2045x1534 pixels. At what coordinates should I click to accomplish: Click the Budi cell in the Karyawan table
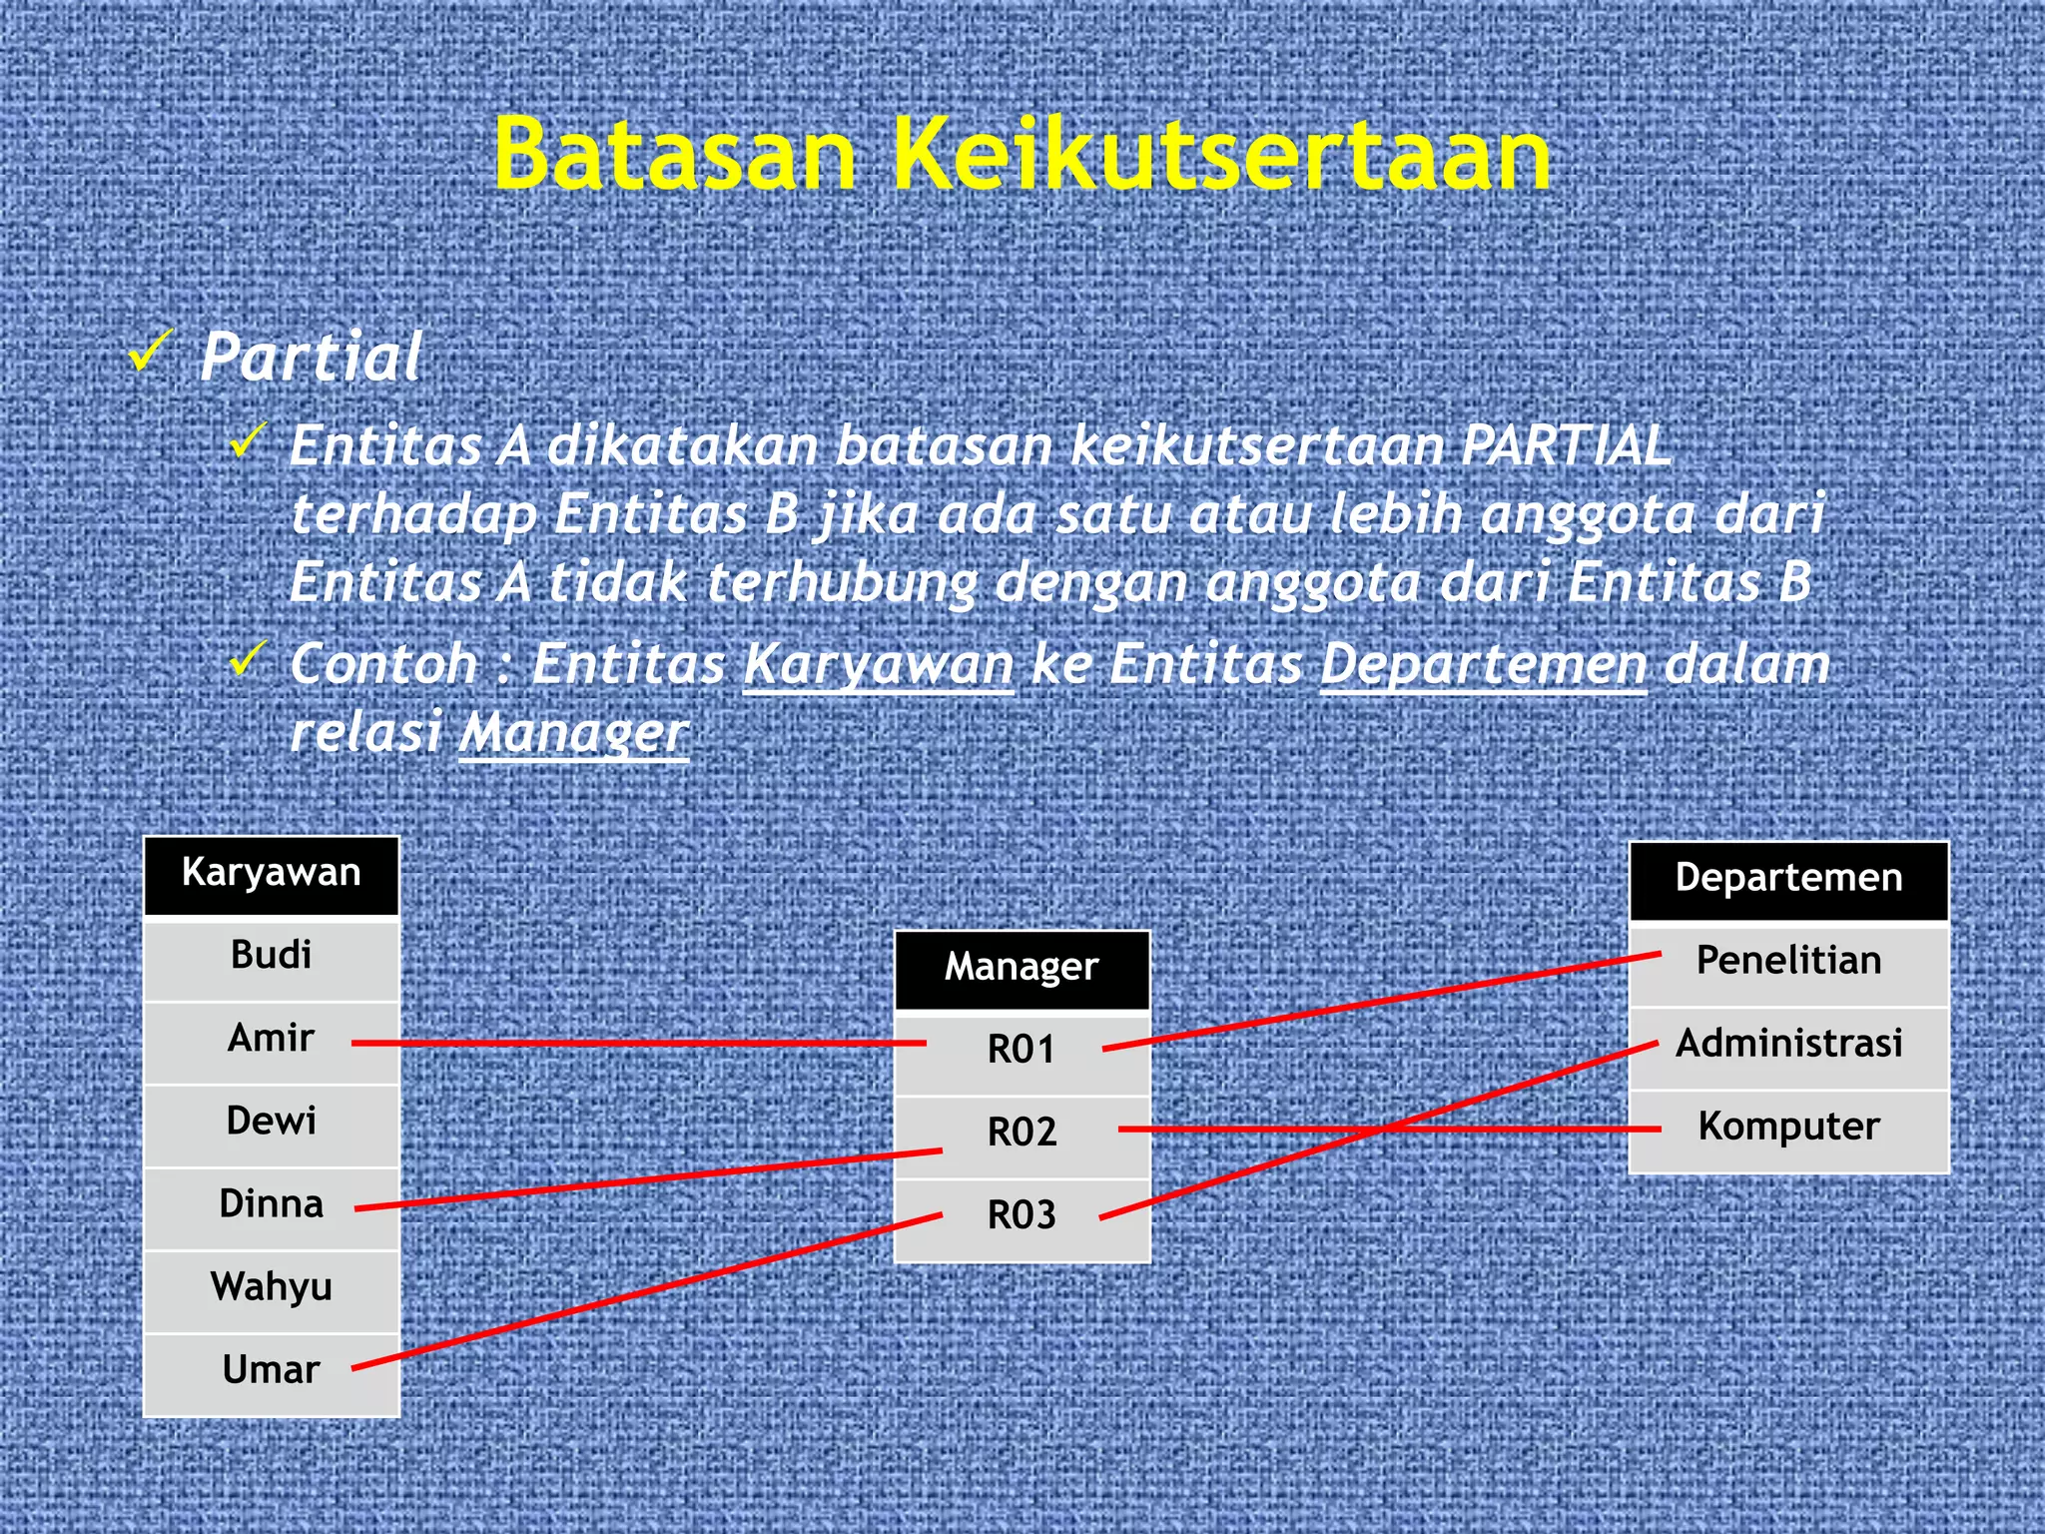point(272,956)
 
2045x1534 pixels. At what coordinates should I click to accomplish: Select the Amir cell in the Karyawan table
point(272,1039)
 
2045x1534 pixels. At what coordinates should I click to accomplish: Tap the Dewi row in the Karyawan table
point(272,1122)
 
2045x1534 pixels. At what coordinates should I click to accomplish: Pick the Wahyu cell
point(272,1287)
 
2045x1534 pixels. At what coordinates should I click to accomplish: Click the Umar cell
point(272,1370)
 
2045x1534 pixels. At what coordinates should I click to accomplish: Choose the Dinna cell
point(272,1204)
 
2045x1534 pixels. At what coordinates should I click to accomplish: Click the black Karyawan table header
point(272,874)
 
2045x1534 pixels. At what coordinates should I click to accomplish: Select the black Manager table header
point(1022,968)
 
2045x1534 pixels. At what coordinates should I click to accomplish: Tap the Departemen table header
point(1788,879)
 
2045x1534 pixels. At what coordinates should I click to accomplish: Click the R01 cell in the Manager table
point(1022,1051)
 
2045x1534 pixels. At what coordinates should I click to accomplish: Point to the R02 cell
point(1022,1134)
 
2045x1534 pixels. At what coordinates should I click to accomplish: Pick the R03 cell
point(1022,1216)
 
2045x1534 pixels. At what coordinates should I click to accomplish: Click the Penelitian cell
point(1788,962)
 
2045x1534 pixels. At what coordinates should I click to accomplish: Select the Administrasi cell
point(1788,1045)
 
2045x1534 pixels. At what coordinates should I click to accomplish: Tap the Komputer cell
point(1788,1128)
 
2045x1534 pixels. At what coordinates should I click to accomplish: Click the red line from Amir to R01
point(639,1043)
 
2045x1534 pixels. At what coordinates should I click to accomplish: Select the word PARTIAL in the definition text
point(1565,445)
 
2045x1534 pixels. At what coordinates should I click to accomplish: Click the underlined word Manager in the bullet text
point(573,733)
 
